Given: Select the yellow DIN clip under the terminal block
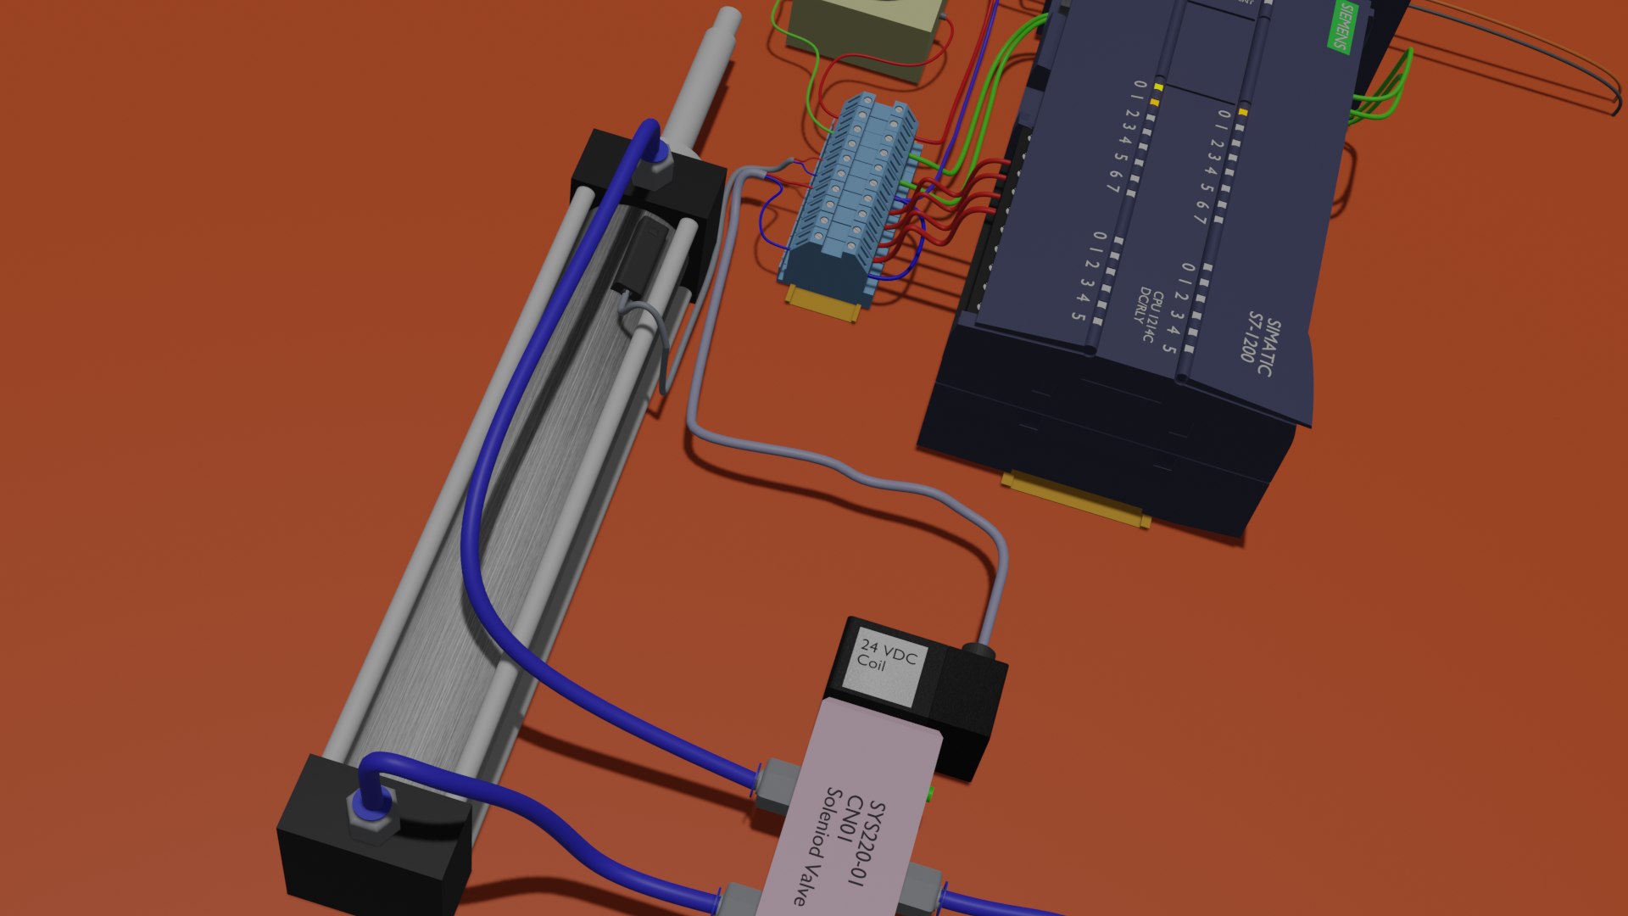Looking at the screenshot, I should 823,304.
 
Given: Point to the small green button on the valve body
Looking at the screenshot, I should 931,794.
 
